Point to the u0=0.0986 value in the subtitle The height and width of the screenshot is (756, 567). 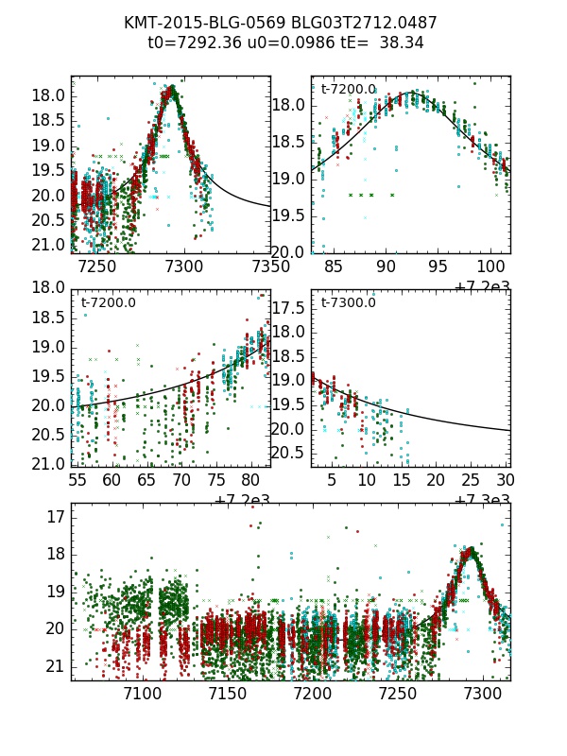[x=278, y=43]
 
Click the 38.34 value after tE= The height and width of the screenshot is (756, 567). [x=404, y=43]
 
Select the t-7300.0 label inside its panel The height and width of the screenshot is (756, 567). [x=348, y=302]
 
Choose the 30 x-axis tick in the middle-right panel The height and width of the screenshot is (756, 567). [x=506, y=480]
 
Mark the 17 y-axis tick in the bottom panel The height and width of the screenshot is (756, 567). [x=56, y=517]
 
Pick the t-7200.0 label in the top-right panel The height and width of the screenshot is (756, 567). [x=348, y=89]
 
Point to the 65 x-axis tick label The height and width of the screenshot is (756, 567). [x=146, y=480]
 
